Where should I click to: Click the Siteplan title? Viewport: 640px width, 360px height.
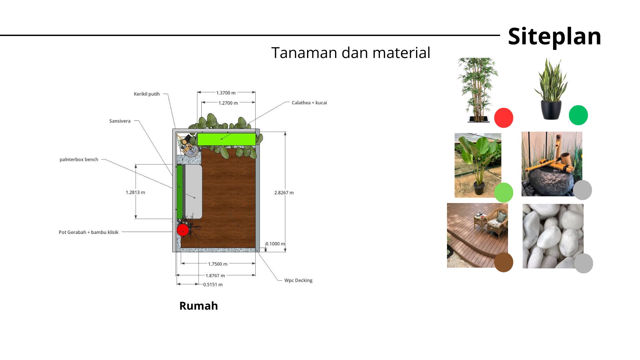click(x=554, y=36)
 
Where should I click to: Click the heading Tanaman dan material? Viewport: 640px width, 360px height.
click(x=351, y=53)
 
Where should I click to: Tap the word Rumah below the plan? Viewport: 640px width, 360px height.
click(x=199, y=306)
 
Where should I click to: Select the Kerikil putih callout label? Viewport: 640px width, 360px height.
click(x=147, y=94)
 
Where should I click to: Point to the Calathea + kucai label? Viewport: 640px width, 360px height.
click(x=309, y=103)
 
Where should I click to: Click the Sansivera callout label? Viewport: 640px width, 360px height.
click(x=120, y=121)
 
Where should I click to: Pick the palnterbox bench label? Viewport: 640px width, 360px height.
click(x=79, y=159)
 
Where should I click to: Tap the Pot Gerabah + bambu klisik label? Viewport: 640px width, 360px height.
click(x=88, y=232)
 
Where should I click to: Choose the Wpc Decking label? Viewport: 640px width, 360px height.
click(x=298, y=280)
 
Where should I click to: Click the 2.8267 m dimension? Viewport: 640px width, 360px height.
click(x=284, y=193)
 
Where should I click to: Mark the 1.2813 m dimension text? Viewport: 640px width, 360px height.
click(x=135, y=192)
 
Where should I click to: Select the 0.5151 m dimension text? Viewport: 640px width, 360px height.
click(x=213, y=285)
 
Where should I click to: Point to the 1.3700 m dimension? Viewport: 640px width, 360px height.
click(x=226, y=93)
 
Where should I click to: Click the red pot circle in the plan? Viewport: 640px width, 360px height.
click(x=183, y=230)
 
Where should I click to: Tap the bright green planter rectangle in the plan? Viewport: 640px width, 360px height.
click(x=226, y=139)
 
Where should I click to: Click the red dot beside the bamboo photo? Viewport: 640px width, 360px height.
click(x=504, y=118)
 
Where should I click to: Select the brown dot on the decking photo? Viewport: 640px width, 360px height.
click(x=504, y=262)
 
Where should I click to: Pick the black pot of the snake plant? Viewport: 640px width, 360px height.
click(x=551, y=110)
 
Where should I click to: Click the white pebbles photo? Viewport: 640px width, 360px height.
click(x=553, y=236)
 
